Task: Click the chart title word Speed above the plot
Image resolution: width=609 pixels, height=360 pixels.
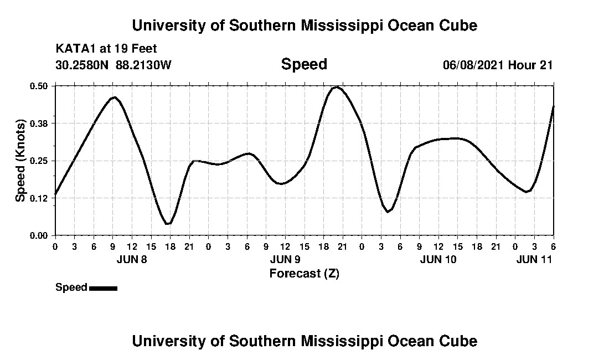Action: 304,65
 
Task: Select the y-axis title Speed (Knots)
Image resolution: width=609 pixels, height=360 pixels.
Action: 20,161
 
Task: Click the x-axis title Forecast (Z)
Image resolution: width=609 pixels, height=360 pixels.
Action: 304,273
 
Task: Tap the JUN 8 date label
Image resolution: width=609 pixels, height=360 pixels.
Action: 132,259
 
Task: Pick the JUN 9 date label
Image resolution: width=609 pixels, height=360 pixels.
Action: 285,259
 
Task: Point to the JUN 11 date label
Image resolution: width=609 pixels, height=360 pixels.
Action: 534,259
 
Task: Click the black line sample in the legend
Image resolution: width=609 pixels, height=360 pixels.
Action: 103,288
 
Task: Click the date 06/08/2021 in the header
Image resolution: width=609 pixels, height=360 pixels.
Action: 473,65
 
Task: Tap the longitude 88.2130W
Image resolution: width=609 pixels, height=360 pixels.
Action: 144,65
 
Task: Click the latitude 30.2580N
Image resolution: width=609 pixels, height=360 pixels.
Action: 83,65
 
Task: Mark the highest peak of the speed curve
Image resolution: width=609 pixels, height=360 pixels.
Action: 336,87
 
